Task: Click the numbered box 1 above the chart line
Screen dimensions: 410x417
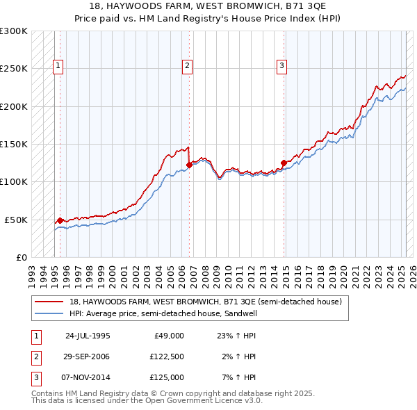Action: [57, 66]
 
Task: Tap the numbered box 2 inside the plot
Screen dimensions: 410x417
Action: [188, 66]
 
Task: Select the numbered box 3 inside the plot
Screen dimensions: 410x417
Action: [281, 66]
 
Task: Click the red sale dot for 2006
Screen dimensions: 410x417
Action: [189, 165]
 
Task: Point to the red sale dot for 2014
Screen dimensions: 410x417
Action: [284, 163]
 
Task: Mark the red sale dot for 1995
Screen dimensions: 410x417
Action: [60, 220]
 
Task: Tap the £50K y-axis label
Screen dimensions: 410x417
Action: [16, 220]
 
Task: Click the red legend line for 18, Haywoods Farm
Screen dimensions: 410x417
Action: [49, 302]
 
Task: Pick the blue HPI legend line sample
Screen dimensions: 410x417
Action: [49, 313]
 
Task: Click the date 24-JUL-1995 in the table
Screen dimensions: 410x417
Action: [88, 335]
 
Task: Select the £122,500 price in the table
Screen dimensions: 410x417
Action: [167, 356]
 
